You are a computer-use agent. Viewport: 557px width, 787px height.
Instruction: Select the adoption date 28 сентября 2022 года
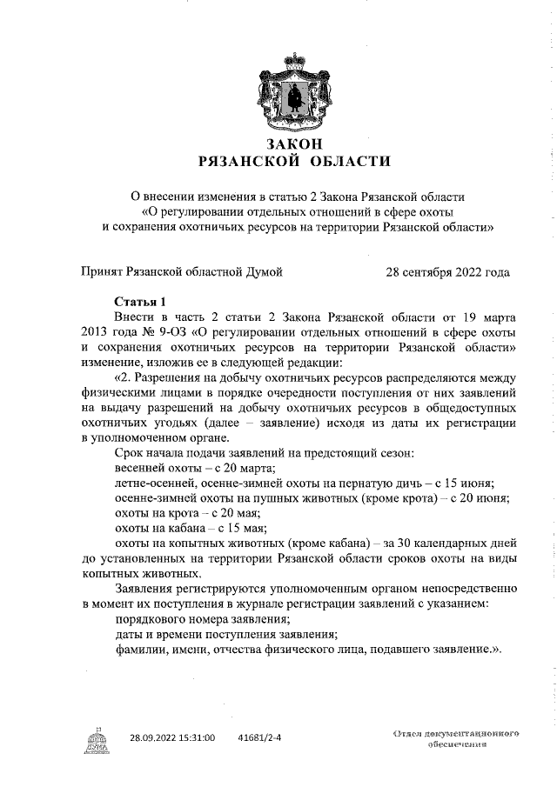(447, 272)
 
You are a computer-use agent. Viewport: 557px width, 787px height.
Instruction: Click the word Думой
(263, 272)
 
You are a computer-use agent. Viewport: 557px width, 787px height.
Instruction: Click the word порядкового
(153, 618)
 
